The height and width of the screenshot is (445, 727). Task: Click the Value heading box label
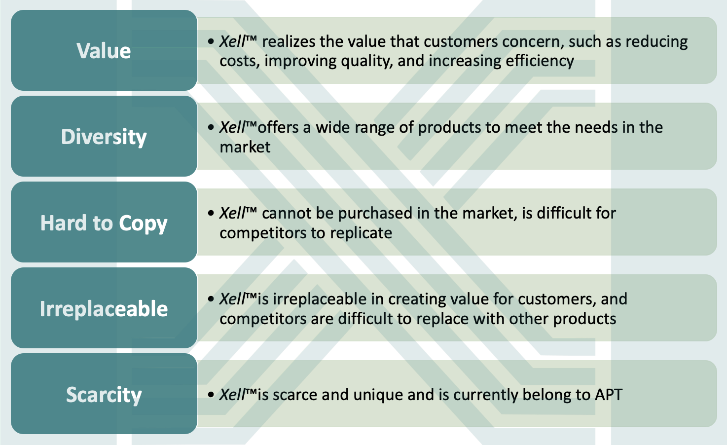(104, 51)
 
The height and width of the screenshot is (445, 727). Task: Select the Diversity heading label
(104, 137)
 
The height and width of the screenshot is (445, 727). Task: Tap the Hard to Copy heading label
(104, 223)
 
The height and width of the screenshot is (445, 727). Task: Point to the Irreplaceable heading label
(104, 308)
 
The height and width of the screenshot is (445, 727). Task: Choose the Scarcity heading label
(104, 395)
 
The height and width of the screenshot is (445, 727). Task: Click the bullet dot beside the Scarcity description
(211, 395)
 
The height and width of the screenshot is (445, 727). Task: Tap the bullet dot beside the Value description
(211, 41)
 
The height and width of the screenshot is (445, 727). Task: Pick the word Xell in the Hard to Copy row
(232, 213)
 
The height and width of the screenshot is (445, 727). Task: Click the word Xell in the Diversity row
(232, 127)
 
